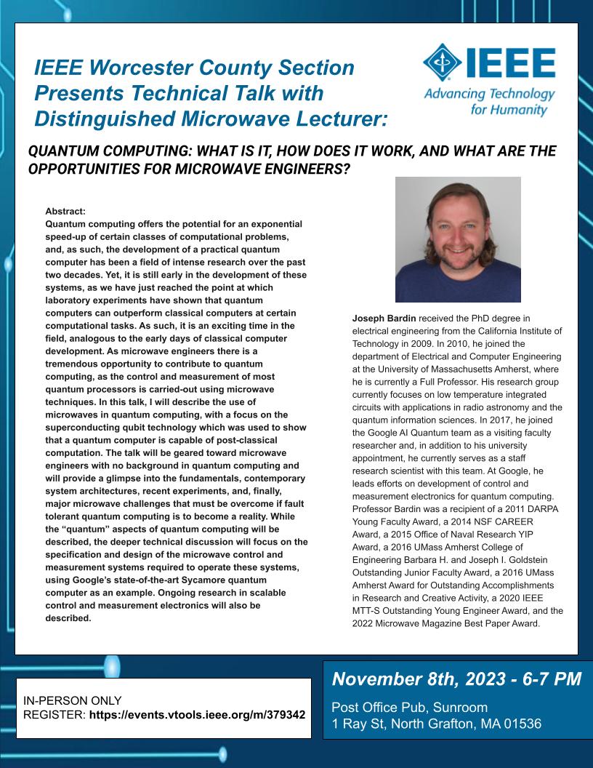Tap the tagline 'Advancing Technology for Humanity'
click(489, 103)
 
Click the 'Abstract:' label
click(65, 212)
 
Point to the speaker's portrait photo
click(458, 239)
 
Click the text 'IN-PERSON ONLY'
click(73, 700)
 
